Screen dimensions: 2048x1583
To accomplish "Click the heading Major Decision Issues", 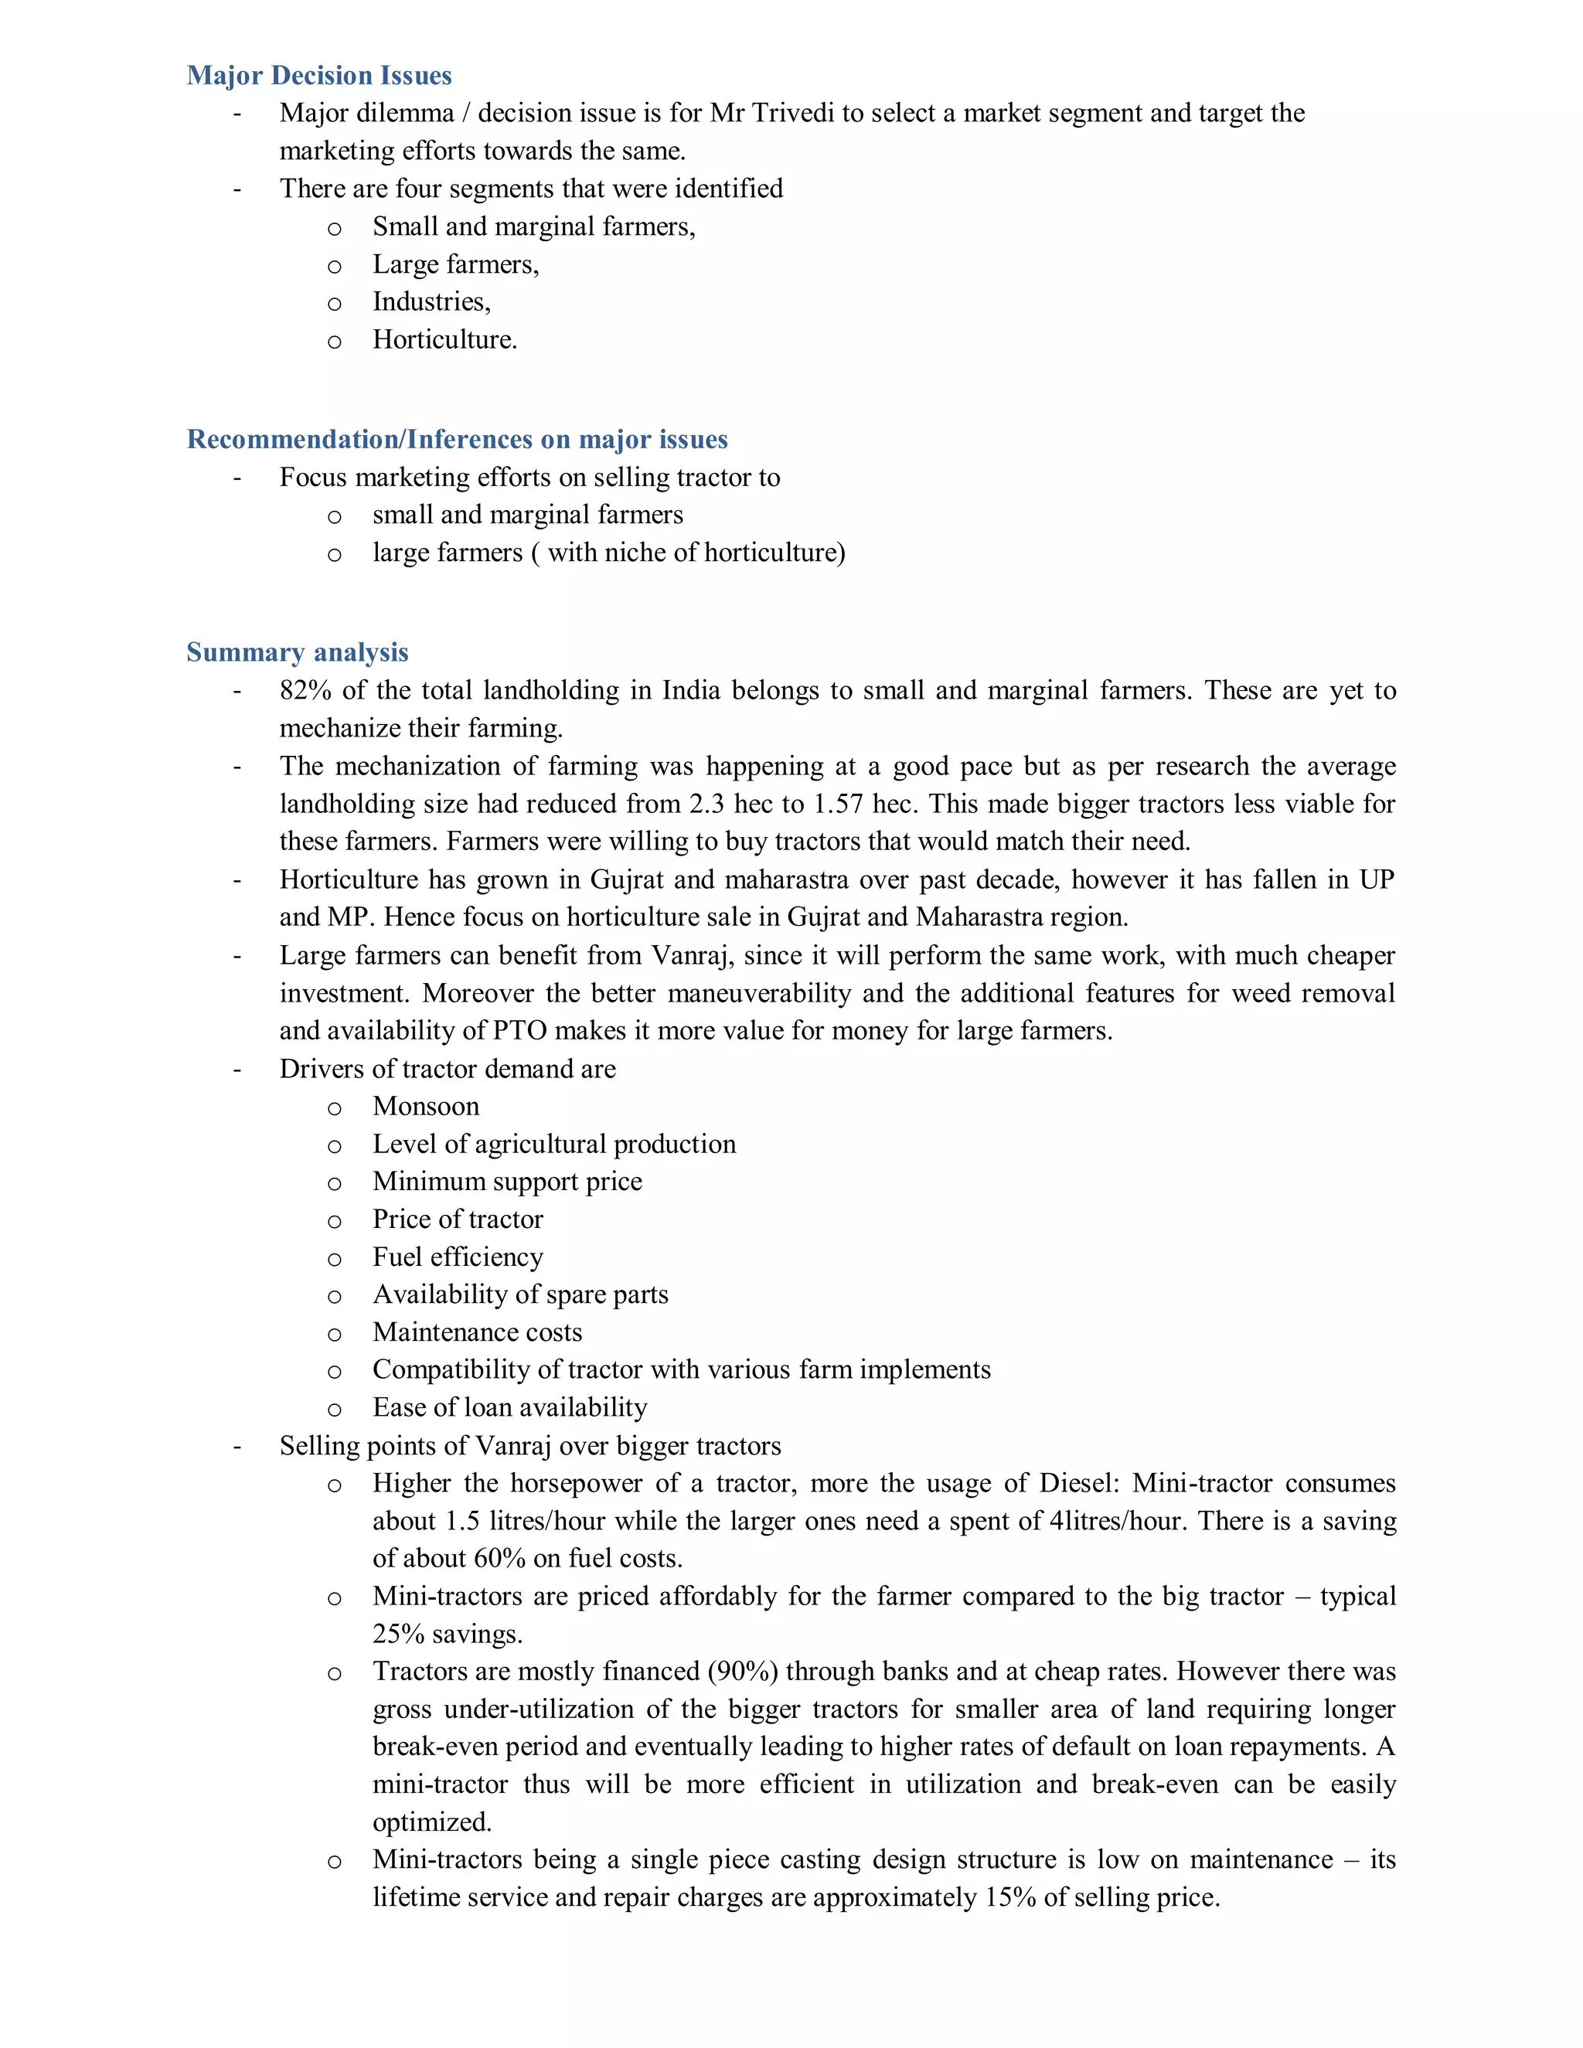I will pyautogui.click(x=319, y=75).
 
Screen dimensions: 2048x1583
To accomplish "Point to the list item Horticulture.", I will pyautogui.click(x=444, y=338).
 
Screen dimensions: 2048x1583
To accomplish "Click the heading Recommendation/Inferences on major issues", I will pyautogui.click(x=457, y=439).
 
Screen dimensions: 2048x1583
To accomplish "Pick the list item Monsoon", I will pyautogui.click(x=426, y=1107).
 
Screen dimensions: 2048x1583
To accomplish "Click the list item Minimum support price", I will pyautogui.click(x=507, y=1182).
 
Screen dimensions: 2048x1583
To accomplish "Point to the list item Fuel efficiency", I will pyautogui.click(x=458, y=1257).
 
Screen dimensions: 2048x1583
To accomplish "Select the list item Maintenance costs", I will pyautogui.click(x=478, y=1332).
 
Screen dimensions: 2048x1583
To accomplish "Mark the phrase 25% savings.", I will pyautogui.click(x=448, y=1634).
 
